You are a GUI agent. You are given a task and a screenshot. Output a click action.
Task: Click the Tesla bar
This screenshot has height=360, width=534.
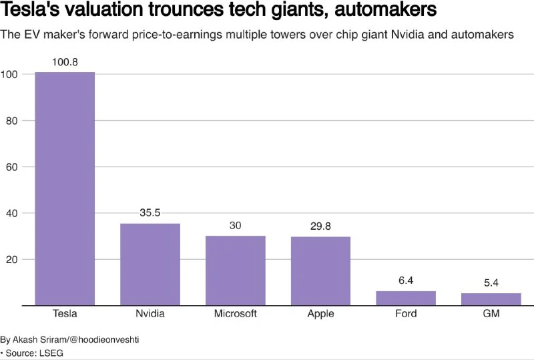[x=65, y=188]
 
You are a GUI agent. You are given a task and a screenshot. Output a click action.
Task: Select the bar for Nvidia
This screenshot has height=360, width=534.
[x=150, y=264]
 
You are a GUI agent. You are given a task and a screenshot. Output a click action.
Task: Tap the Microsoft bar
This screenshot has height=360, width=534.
[x=235, y=271]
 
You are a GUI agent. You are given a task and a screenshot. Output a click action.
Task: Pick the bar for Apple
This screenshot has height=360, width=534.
[x=320, y=271]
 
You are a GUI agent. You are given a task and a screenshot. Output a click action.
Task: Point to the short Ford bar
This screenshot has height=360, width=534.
[x=406, y=299]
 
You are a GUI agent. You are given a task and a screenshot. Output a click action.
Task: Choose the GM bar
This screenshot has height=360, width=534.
[x=491, y=299]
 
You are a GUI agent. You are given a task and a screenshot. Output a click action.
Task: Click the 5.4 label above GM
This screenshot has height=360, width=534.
[x=491, y=283]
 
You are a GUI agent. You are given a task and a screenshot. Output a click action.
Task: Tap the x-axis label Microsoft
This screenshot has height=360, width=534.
[x=235, y=314]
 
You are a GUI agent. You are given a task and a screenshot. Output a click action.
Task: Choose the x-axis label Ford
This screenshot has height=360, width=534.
[x=406, y=314]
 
